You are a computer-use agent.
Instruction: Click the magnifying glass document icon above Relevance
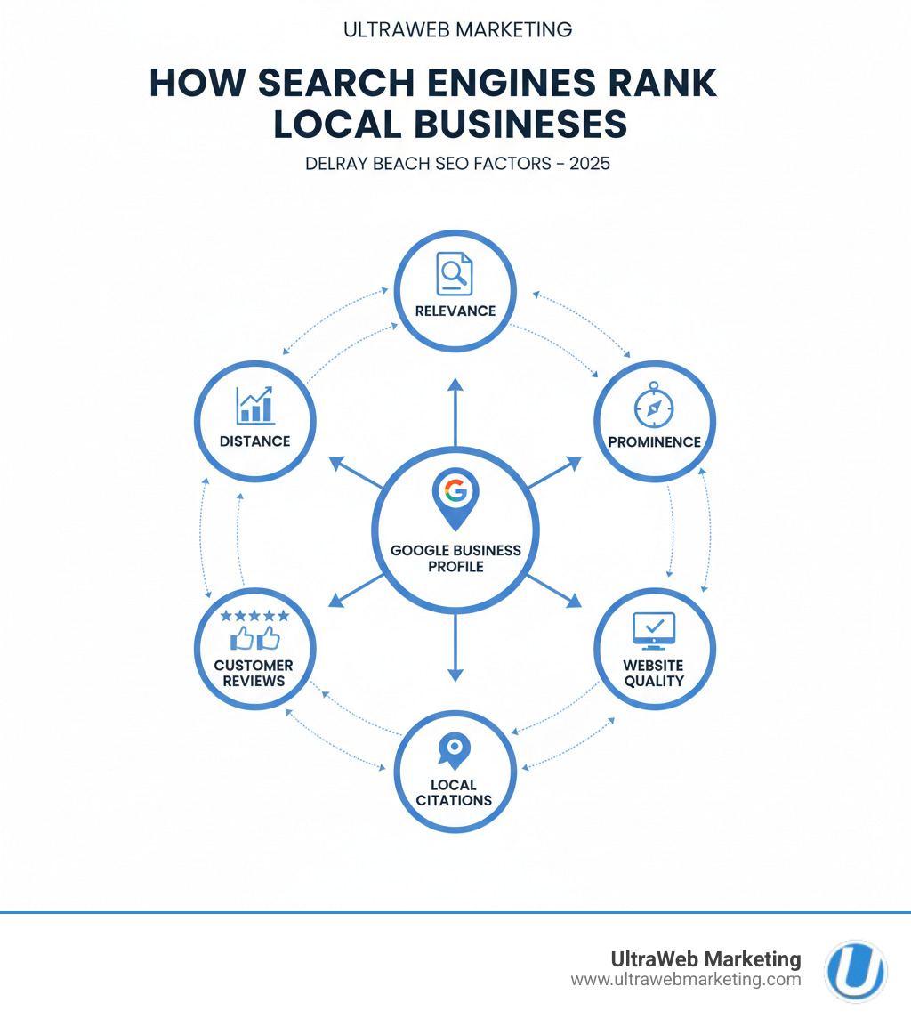454,273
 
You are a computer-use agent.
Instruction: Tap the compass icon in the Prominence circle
654,408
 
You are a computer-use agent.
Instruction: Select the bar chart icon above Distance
255,405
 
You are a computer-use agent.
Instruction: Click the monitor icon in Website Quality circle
654,630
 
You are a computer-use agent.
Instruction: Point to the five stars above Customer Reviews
255,615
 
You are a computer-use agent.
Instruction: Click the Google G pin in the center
455,495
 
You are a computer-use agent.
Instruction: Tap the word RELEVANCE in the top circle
455,311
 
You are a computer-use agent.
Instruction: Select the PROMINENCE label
654,441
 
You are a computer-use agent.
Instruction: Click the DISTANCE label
255,441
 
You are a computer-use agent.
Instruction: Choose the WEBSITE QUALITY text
654,673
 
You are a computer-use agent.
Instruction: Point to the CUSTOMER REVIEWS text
255,673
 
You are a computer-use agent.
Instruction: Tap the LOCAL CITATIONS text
454,792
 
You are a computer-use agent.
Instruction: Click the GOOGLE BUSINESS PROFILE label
455,558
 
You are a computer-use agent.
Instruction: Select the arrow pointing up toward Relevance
455,409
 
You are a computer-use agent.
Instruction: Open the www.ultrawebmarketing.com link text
685,980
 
